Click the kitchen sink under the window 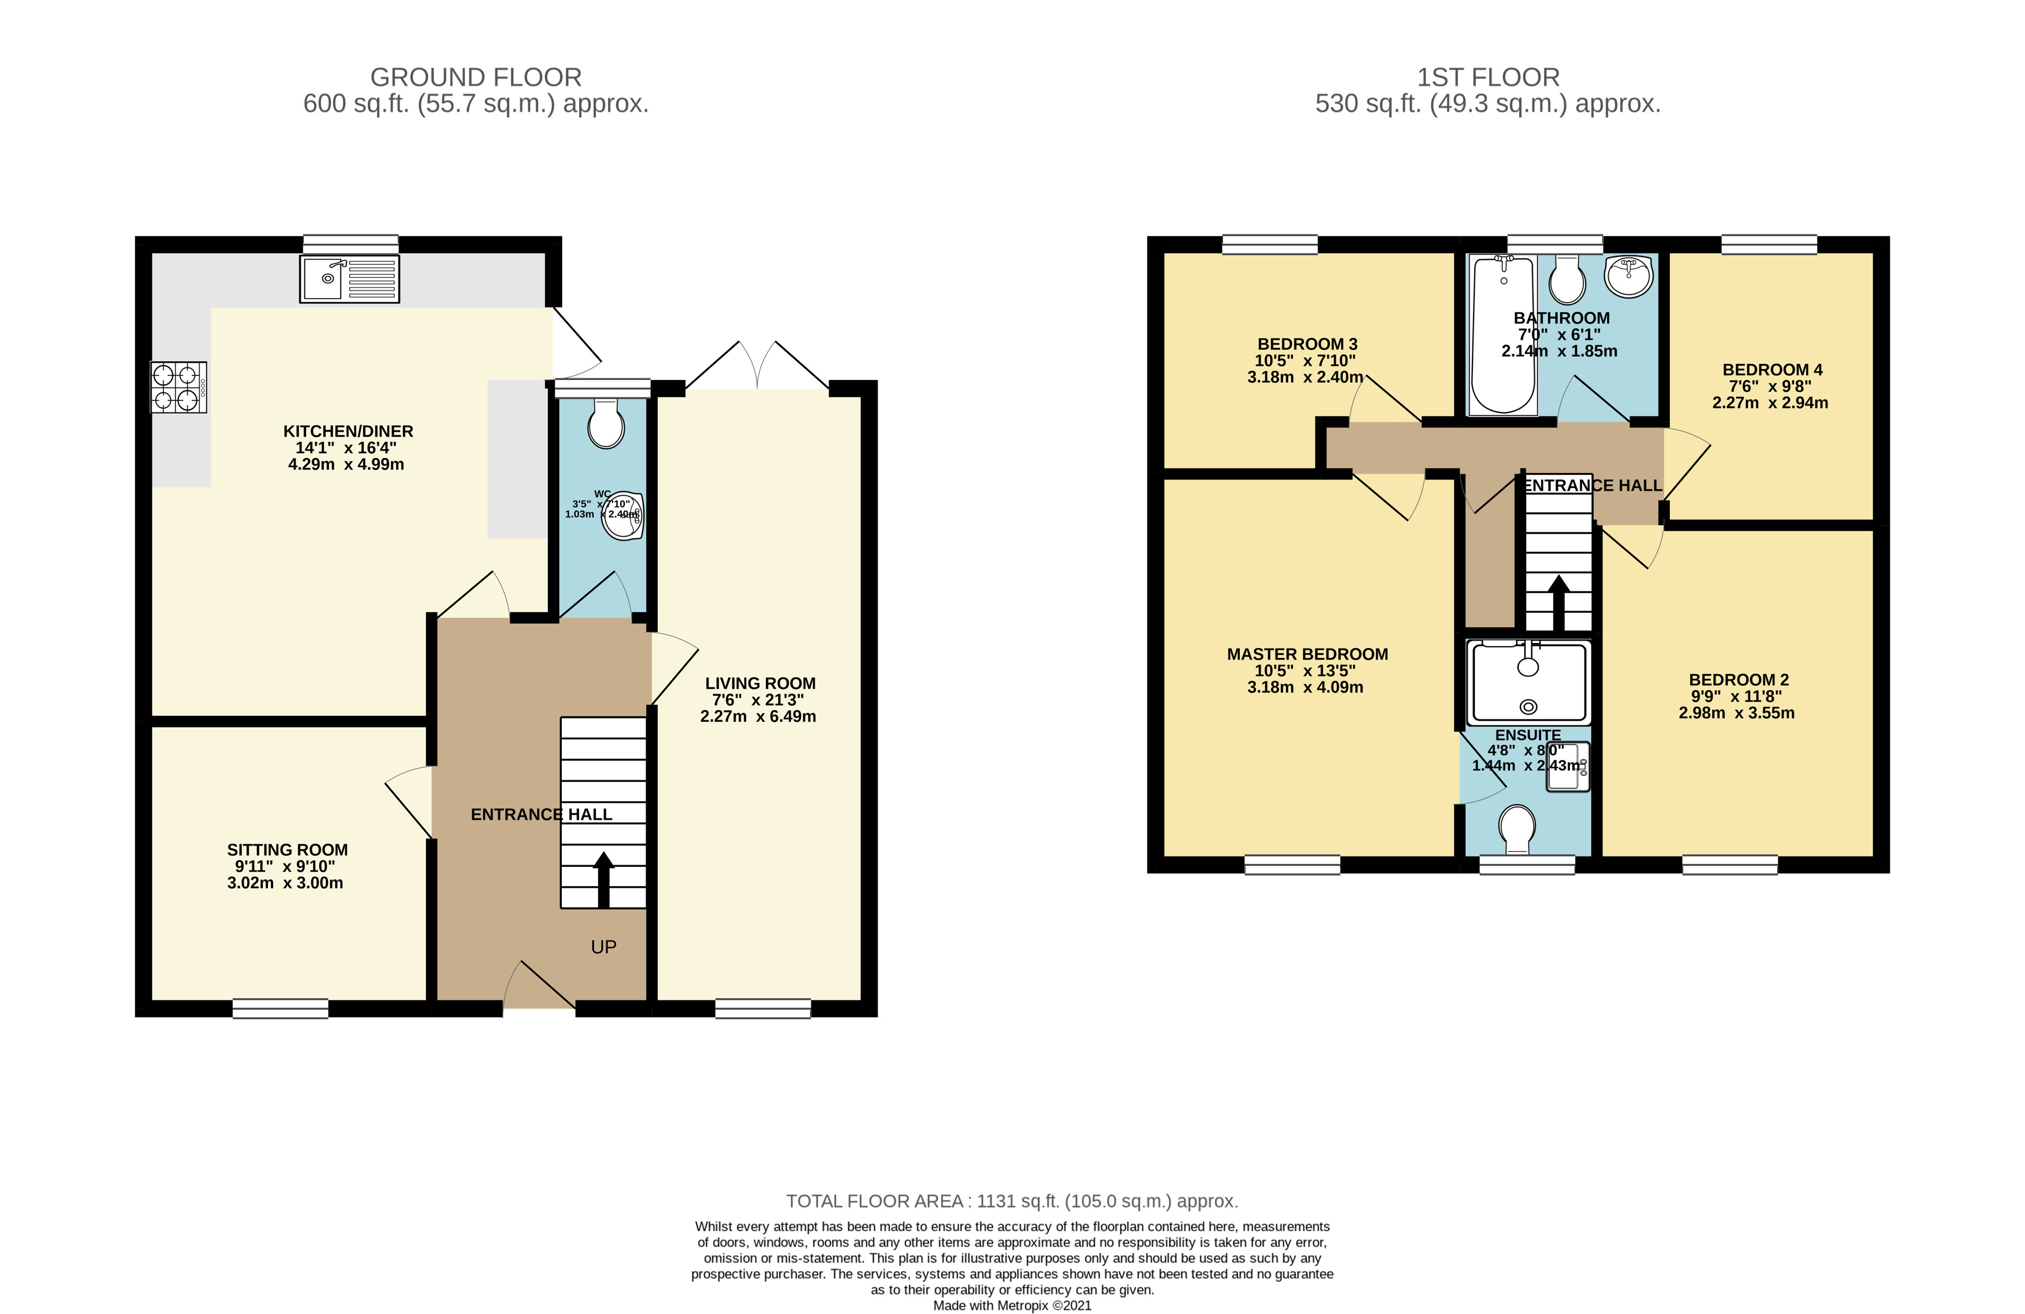(349, 278)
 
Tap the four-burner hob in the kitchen (178, 387)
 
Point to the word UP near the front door (603, 947)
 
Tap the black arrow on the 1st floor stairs (1559, 604)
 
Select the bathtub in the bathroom (1504, 334)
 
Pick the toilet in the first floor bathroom (1567, 279)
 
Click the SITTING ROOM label (288, 849)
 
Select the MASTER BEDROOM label (1308, 654)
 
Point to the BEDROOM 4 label (1772, 369)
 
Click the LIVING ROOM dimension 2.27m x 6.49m (758, 717)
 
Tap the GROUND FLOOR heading (476, 77)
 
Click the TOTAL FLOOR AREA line (1012, 1201)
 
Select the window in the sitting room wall (281, 1008)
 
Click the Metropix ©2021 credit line (1012, 1305)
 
